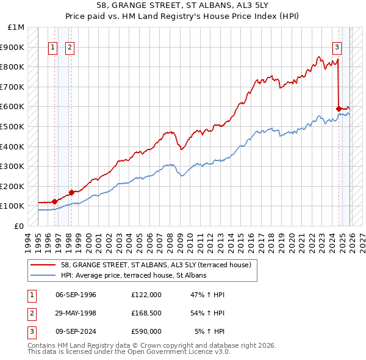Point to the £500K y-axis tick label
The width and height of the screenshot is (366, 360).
coord(12,126)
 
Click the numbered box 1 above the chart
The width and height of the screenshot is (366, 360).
coord(54,47)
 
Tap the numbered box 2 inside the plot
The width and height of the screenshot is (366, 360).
coord(70,47)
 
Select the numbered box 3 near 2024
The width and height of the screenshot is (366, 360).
coord(336,47)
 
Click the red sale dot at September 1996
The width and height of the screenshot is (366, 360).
coord(54,201)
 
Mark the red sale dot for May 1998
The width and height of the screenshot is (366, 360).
coord(72,192)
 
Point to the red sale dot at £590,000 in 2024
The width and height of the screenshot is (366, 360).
coord(339,109)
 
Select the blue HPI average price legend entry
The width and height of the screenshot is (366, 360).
coord(134,276)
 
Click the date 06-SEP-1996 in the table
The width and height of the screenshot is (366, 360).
coord(76,295)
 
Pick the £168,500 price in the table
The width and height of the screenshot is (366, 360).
coord(146,313)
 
